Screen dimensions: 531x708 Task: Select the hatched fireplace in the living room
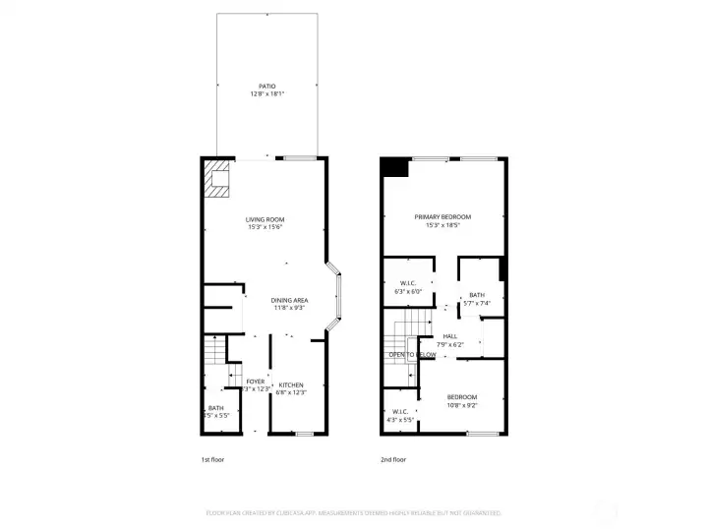pos(217,179)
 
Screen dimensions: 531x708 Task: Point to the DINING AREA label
pos(289,301)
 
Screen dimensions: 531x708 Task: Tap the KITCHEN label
pos(290,384)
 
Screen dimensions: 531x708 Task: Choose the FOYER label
pos(255,382)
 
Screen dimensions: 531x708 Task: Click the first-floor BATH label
pos(214,408)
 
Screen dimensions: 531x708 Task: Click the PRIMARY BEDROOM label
pos(442,216)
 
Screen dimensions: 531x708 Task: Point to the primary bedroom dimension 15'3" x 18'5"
pos(442,225)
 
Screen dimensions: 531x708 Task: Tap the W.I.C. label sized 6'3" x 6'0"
pos(406,283)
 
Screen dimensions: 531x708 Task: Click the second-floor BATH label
pos(476,295)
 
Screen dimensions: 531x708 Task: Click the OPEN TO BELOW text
pos(412,354)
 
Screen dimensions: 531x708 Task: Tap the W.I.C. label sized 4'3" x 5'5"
pos(400,412)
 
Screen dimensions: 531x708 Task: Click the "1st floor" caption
pos(213,459)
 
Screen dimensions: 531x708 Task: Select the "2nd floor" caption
pos(393,459)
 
